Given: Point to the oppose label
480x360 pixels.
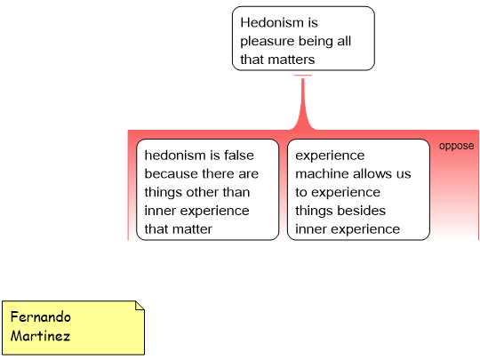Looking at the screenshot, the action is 456,146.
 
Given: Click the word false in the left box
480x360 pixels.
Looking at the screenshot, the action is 239,156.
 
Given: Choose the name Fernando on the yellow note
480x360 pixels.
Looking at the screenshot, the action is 40,316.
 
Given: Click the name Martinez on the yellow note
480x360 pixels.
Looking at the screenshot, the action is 40,336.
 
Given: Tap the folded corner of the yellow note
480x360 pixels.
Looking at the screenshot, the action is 140,306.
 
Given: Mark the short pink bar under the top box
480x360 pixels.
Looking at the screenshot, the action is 303,75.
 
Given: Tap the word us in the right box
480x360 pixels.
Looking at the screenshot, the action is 404,173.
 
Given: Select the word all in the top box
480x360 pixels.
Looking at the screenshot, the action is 344,41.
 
